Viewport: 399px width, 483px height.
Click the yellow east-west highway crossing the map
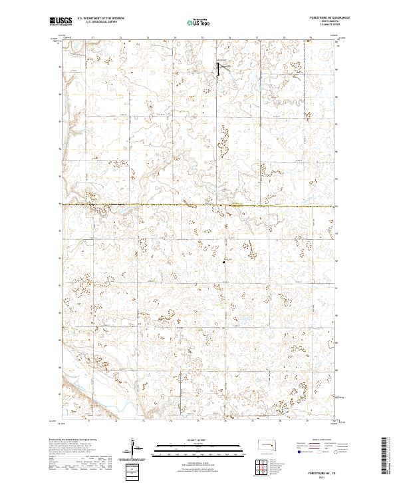coord(199,205)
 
